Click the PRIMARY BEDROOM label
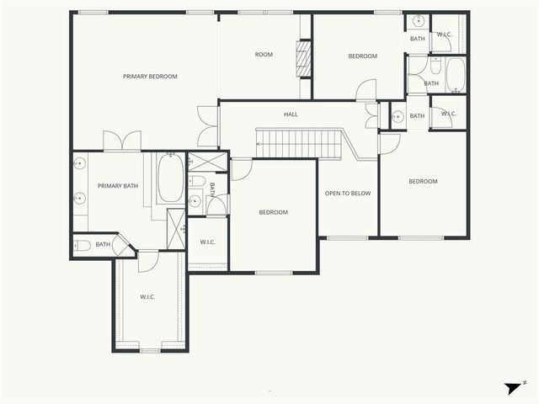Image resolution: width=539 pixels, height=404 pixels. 150,77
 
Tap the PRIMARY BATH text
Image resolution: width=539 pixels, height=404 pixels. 118,186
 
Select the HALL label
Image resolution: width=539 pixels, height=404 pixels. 291,114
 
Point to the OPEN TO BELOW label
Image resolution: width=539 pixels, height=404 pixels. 348,194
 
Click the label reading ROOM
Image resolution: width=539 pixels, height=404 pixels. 264,55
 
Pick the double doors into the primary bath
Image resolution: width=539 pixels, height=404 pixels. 123,141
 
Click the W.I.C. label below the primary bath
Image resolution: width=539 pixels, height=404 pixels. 147,296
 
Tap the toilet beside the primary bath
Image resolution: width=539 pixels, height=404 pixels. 83,245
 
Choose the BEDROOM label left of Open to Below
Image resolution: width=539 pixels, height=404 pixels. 273,212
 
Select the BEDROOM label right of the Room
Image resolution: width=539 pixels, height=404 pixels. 362,56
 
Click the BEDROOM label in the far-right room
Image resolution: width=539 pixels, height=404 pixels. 423,181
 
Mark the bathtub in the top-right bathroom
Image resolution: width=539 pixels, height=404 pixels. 455,76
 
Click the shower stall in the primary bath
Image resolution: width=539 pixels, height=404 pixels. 177,228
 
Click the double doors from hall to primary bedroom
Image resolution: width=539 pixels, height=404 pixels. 207,126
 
